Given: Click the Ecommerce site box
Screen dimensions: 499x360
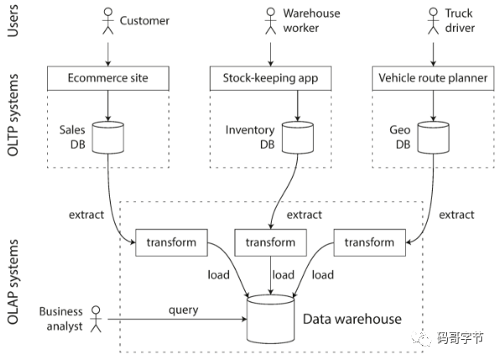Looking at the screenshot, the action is pos(108,78).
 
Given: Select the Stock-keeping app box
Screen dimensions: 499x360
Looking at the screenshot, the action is pos(271,78).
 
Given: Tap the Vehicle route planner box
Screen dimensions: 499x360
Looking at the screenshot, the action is pos(433,78).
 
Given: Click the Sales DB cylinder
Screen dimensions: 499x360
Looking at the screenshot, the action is pos(108,138).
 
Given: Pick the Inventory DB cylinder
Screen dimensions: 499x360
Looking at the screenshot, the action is pos(298,138).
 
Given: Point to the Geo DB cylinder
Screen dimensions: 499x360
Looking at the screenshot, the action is pos(433,138).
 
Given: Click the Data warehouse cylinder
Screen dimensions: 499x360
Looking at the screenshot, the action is pos(271,319).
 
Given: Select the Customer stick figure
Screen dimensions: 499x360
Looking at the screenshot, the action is pos(108,21).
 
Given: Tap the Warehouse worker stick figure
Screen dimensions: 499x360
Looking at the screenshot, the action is pos(271,21).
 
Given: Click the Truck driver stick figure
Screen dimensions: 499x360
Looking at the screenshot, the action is pos(433,21).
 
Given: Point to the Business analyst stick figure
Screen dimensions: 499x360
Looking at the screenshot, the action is pos(96,319).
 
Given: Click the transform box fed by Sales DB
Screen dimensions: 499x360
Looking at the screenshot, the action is pos(172,243).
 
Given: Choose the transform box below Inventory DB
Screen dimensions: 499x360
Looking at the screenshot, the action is pos(271,243).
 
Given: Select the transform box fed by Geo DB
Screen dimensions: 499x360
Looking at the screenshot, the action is pos(370,243).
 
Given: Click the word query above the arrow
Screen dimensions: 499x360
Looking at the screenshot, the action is pos(184,310).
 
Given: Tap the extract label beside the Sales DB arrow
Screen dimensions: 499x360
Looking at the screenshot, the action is pos(86,215).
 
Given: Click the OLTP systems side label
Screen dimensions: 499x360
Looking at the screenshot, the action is pos(13,115).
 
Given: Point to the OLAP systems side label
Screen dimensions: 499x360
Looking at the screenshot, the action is pos(13,282).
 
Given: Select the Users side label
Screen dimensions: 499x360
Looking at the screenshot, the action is pos(13,21).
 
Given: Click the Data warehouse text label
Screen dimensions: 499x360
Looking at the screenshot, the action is pos(352,319).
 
